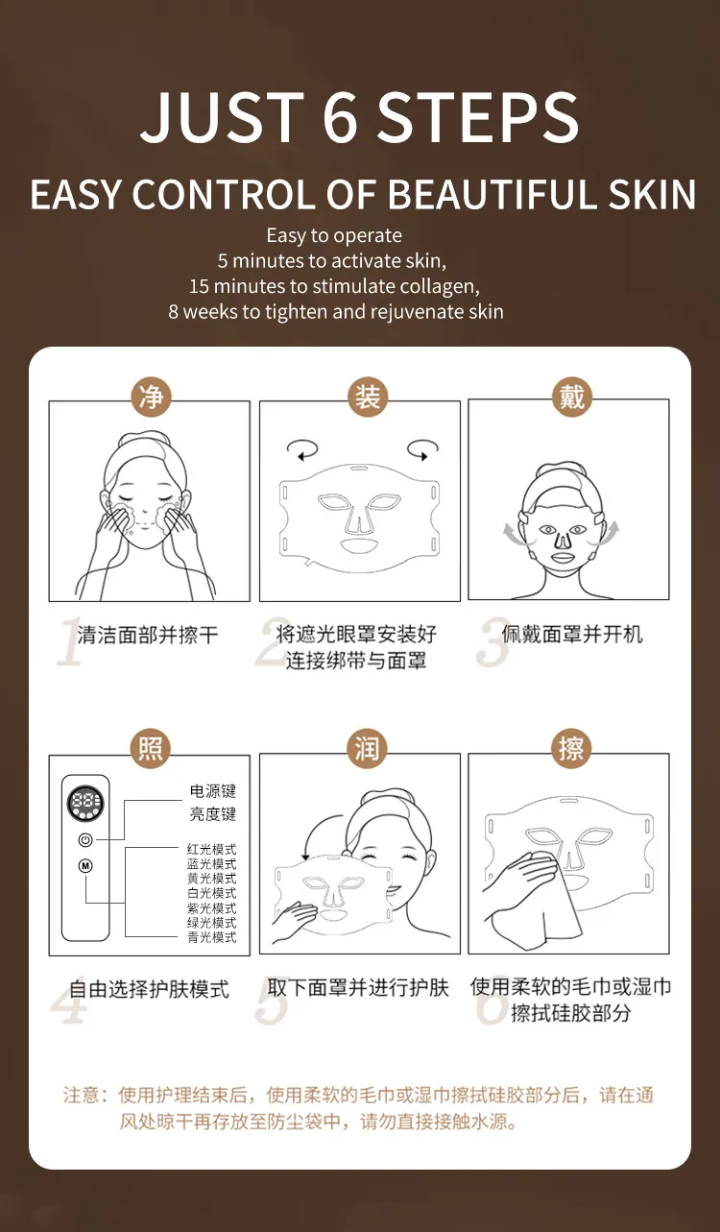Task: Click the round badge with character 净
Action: click(151, 397)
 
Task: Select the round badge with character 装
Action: click(367, 397)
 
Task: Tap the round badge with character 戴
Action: click(572, 397)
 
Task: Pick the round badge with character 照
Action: click(151, 749)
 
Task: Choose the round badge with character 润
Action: click(367, 749)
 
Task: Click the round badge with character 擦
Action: click(572, 749)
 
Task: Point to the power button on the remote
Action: click(85, 838)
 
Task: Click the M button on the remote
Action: click(85, 866)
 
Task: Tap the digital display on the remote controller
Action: click(85, 805)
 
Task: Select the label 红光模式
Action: click(211, 850)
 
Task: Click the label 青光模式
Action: click(211, 937)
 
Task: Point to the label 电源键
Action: click(212, 791)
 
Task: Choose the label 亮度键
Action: click(212, 814)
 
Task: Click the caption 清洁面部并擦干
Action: click(148, 635)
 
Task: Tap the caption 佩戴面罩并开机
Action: click(572, 634)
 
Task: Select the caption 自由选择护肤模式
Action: click(149, 989)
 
